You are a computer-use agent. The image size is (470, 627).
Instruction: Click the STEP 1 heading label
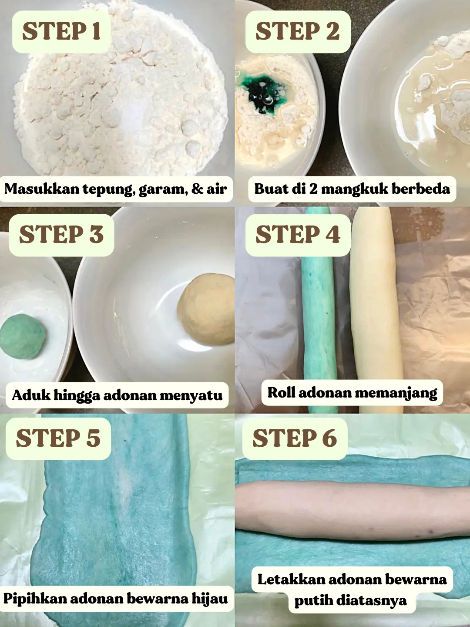point(61,31)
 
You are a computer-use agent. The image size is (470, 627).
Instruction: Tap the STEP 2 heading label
point(298,31)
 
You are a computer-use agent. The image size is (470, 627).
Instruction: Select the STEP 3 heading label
point(61,235)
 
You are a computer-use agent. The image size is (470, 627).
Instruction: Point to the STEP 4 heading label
point(298,235)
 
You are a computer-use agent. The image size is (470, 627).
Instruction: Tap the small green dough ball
point(22,337)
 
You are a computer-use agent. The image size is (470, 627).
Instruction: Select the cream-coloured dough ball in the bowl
point(206,309)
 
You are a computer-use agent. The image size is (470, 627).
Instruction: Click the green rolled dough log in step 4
point(319,309)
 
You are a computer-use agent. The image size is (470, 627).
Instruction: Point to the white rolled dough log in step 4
point(376,309)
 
